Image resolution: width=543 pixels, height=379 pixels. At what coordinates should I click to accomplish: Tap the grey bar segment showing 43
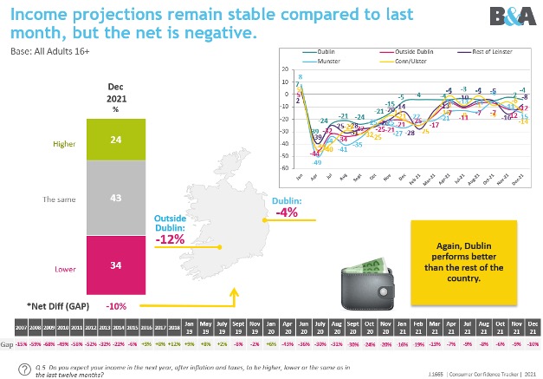115,198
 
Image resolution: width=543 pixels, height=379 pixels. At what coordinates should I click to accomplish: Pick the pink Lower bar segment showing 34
115,265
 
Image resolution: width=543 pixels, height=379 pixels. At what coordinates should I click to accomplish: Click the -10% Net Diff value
115,306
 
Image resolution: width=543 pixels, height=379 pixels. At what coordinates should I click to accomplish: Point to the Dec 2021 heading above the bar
115,94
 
